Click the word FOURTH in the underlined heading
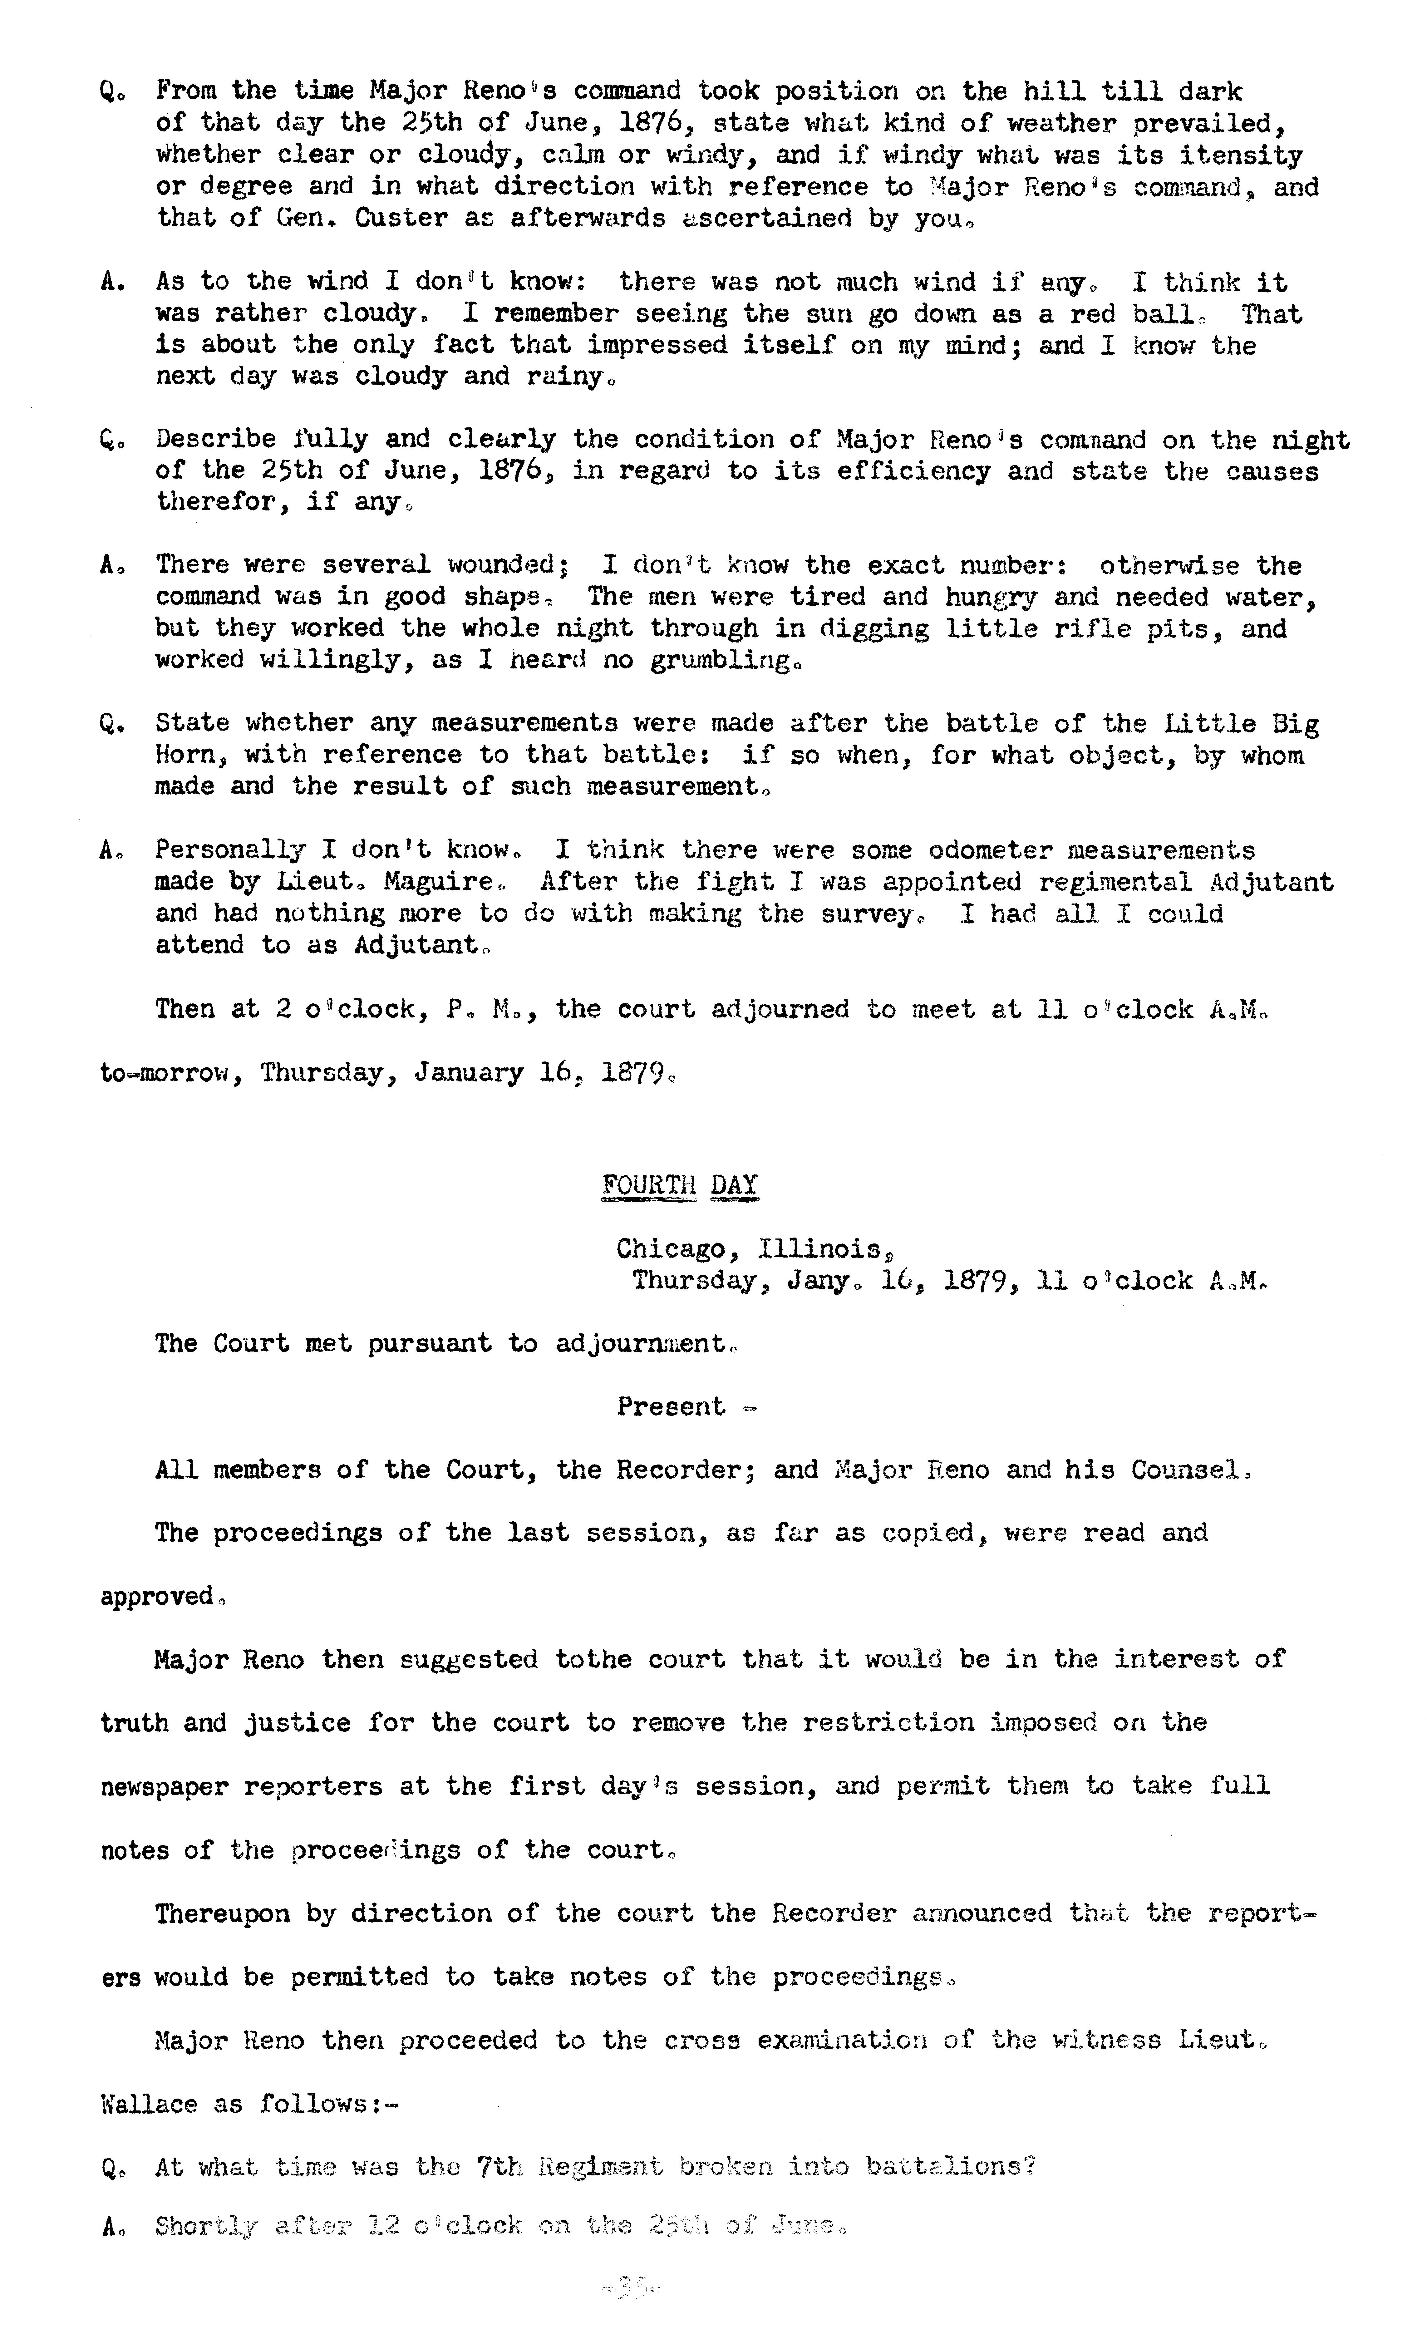click(x=648, y=1185)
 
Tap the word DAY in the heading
click(x=734, y=1185)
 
